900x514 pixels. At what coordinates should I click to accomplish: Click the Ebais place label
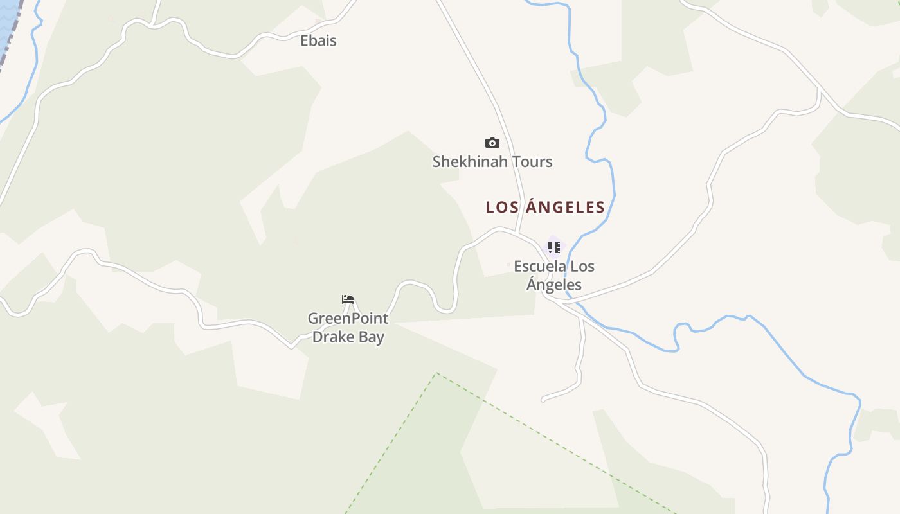[318, 40]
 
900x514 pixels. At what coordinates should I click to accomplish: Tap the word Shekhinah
[465, 162]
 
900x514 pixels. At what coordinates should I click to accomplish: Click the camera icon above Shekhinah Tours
[492, 143]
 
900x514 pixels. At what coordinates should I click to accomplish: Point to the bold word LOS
[503, 208]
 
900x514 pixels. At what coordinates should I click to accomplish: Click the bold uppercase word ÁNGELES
[566, 208]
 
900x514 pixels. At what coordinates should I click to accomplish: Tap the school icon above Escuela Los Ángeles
[554, 247]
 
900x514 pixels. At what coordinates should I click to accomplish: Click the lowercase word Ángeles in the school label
[554, 285]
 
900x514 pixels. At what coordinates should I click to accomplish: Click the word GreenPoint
[348, 319]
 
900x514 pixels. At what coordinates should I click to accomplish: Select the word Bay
[372, 337]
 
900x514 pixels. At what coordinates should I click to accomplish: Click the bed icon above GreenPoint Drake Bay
[348, 299]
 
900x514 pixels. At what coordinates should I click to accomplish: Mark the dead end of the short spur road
[543, 400]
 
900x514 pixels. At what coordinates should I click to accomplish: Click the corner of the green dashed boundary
[437, 373]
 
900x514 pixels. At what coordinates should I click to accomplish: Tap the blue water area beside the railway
[5, 19]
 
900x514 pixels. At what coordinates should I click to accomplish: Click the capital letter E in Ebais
[305, 40]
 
